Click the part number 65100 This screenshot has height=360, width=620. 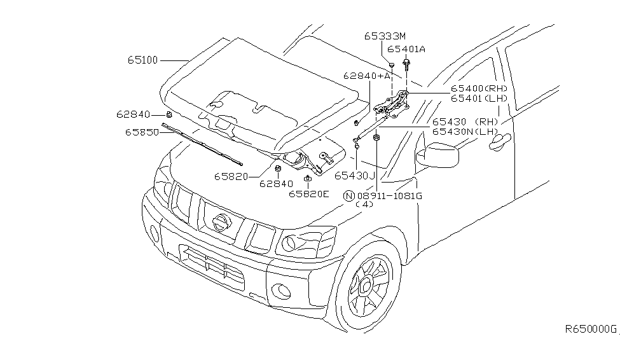(142, 60)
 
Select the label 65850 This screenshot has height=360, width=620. (141, 132)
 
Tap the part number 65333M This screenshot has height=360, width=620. (385, 36)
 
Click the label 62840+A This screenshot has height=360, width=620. (366, 76)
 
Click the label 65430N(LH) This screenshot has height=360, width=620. (465, 131)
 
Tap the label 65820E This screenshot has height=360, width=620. (308, 194)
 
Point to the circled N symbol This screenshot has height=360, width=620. (348, 196)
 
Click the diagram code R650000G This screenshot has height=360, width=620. (591, 329)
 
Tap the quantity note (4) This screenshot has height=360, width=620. (364, 205)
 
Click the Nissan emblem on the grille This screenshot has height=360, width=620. (222, 223)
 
